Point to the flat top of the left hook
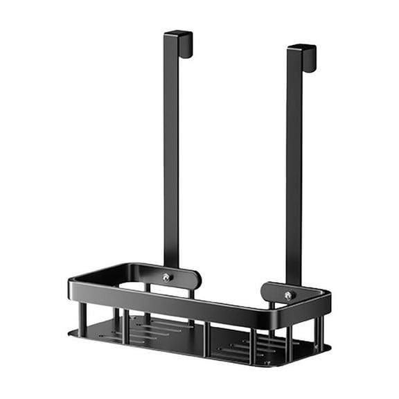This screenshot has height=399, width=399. point(177,33)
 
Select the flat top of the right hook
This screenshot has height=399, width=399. point(301,47)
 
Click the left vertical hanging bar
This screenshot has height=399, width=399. point(171,152)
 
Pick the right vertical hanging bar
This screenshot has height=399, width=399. point(294,166)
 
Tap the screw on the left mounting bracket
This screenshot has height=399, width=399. point(166,277)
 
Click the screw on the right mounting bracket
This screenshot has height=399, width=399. point(287,295)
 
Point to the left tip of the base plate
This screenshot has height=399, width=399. point(71,332)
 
